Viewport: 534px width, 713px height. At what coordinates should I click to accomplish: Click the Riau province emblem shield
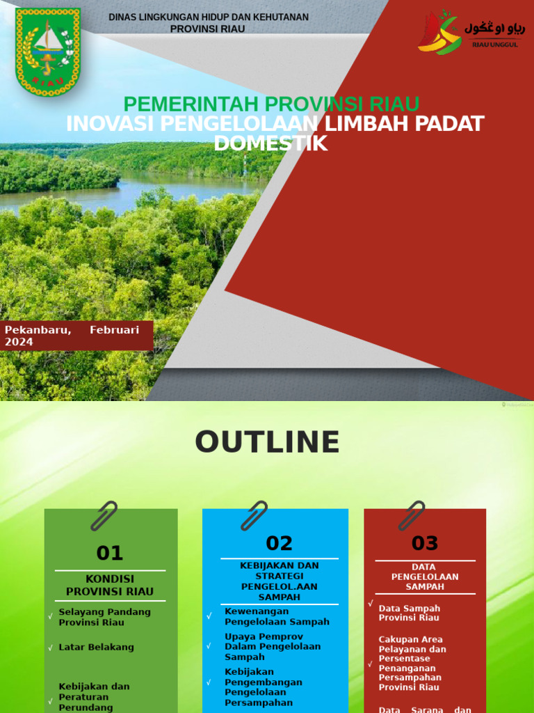48,52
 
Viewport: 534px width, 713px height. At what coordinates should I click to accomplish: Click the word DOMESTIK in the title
270,143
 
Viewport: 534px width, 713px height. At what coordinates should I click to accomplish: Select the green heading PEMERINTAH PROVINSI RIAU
271,104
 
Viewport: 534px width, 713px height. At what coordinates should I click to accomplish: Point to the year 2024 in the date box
19,342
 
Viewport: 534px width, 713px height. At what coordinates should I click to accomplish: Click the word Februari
114,329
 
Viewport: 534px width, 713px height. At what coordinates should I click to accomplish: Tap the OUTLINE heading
267,442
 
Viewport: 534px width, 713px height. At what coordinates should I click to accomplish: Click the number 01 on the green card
110,553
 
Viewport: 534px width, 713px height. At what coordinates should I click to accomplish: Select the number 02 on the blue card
280,543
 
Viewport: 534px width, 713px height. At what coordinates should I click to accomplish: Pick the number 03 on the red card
425,543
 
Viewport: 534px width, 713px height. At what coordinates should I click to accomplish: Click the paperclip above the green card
105,516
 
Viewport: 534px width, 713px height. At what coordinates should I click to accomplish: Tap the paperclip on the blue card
254,516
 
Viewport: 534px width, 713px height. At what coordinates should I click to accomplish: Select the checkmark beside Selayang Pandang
51,616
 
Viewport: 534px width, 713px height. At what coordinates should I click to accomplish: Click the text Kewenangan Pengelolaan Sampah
277,616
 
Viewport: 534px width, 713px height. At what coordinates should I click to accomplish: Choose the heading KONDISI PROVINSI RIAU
110,585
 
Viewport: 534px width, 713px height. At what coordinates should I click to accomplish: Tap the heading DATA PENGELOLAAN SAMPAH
424,577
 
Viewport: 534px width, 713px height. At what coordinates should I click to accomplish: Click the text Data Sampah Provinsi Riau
410,613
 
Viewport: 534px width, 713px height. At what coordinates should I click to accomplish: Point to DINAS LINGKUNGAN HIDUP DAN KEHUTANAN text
209,17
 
